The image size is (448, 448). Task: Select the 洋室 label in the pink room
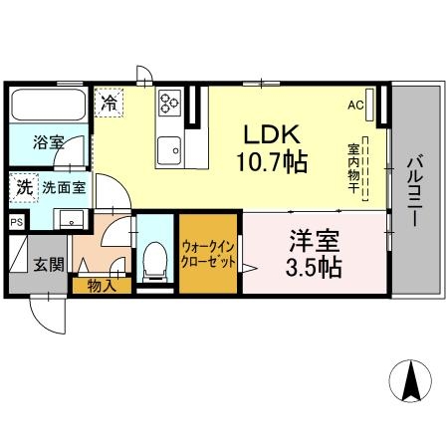(x=312, y=241)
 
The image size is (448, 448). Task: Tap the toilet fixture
(x=154, y=261)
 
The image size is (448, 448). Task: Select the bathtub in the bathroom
(x=46, y=104)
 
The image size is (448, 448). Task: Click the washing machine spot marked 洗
(x=23, y=186)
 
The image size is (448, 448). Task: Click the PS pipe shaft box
(x=17, y=223)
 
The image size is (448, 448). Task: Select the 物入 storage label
(x=101, y=285)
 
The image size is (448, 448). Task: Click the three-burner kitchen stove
(x=167, y=102)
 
